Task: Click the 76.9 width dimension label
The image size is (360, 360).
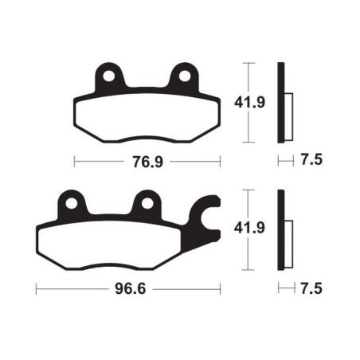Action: (x=147, y=162)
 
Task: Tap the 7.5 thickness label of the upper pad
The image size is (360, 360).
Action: (x=312, y=161)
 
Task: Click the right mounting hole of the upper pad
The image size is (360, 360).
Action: (x=185, y=76)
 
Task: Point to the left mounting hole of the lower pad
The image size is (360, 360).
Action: (x=72, y=202)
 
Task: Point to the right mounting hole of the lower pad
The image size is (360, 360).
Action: (x=147, y=202)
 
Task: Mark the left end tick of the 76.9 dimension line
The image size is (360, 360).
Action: (x=74, y=162)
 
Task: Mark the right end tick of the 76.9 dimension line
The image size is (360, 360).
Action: (x=221, y=162)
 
